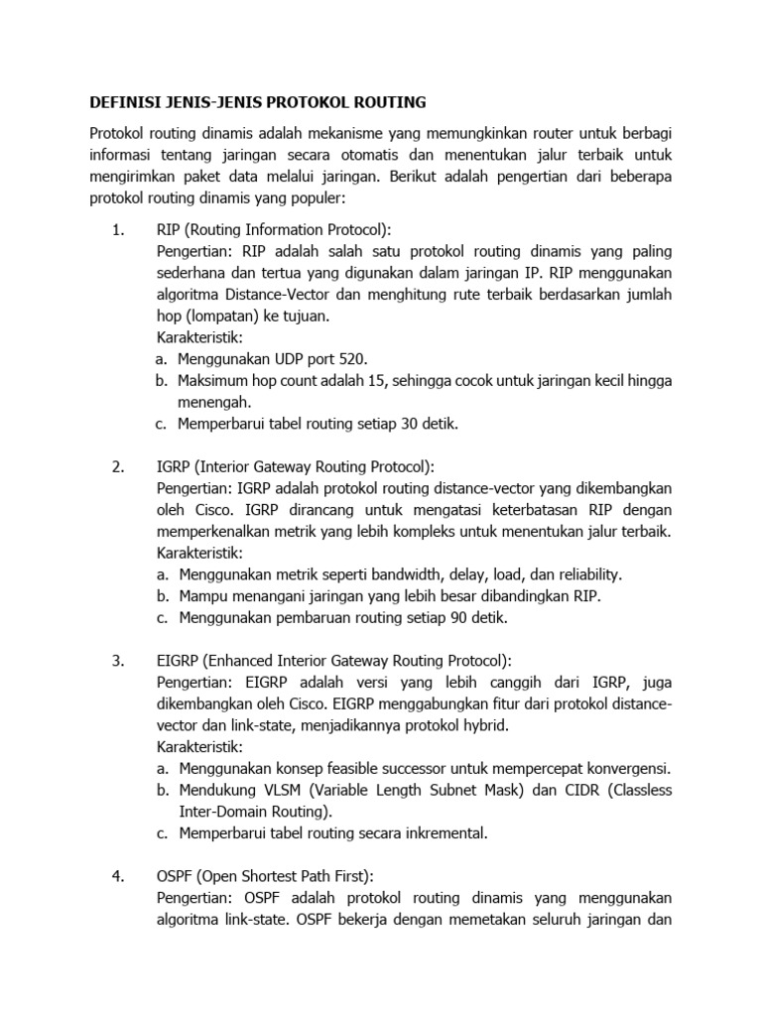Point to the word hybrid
486,725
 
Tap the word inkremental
442,832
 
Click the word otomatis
404,155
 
